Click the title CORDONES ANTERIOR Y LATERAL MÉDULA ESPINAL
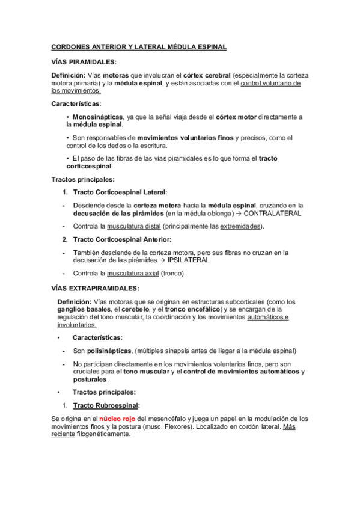(x=139, y=47)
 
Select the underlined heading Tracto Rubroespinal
(x=106, y=405)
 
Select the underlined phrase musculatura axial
(x=132, y=274)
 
